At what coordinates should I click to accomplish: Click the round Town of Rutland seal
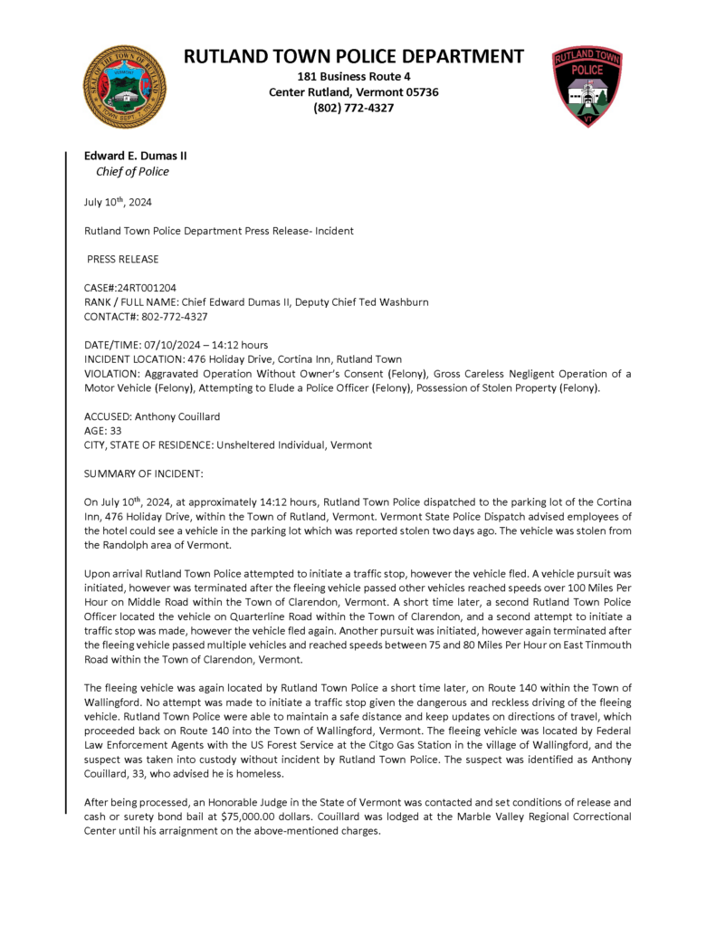click(x=125, y=86)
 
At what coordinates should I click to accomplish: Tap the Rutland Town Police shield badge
click(x=588, y=86)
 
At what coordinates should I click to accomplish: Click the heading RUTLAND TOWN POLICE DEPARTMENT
click(x=354, y=56)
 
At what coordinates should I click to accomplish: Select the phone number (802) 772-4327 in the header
click(x=354, y=108)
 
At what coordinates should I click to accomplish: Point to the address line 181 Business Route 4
click(x=354, y=77)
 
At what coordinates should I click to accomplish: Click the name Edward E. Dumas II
click(x=136, y=156)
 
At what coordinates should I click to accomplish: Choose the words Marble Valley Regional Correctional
click(x=542, y=817)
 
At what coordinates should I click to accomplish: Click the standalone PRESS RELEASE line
click(x=123, y=260)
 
